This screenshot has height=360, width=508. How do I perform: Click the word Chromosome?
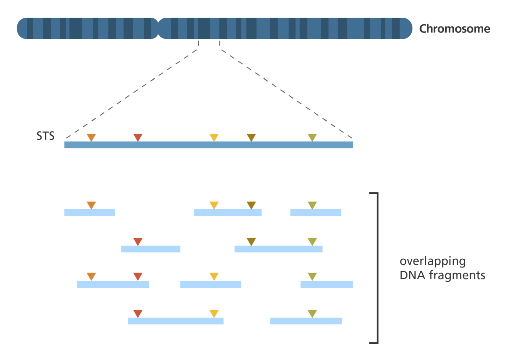pyautogui.click(x=454, y=29)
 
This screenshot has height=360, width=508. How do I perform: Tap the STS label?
pyautogui.click(x=46, y=136)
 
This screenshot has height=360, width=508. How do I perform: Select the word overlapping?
pyautogui.click(x=433, y=262)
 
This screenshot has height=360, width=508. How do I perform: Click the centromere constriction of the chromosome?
pyautogui.click(x=158, y=28)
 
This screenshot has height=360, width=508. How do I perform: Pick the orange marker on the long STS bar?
pyautogui.click(x=91, y=137)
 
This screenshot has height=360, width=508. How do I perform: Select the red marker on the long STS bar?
pyautogui.click(x=138, y=137)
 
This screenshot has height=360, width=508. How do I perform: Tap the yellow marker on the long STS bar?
pyautogui.click(x=214, y=137)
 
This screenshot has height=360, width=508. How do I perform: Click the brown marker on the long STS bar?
pyautogui.click(x=251, y=137)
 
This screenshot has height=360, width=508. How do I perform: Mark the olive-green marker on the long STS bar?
pyautogui.click(x=312, y=137)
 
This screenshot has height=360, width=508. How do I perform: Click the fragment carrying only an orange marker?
pyautogui.click(x=90, y=212)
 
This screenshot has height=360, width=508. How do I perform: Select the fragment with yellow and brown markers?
pyautogui.click(x=228, y=212)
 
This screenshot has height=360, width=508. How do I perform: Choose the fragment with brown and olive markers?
pyautogui.click(x=278, y=249)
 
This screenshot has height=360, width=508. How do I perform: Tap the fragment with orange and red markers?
pyautogui.click(x=113, y=284)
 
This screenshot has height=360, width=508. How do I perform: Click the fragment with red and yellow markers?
pyautogui.click(x=175, y=321)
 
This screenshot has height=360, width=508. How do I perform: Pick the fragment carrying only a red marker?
pyautogui.click(x=151, y=249)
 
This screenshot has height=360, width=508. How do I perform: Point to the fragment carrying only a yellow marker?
pyautogui.click(x=211, y=284)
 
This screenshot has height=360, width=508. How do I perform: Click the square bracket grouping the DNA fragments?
pyautogui.click(x=377, y=268)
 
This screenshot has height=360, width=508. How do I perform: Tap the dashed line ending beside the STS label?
pyautogui.click(x=132, y=94)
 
